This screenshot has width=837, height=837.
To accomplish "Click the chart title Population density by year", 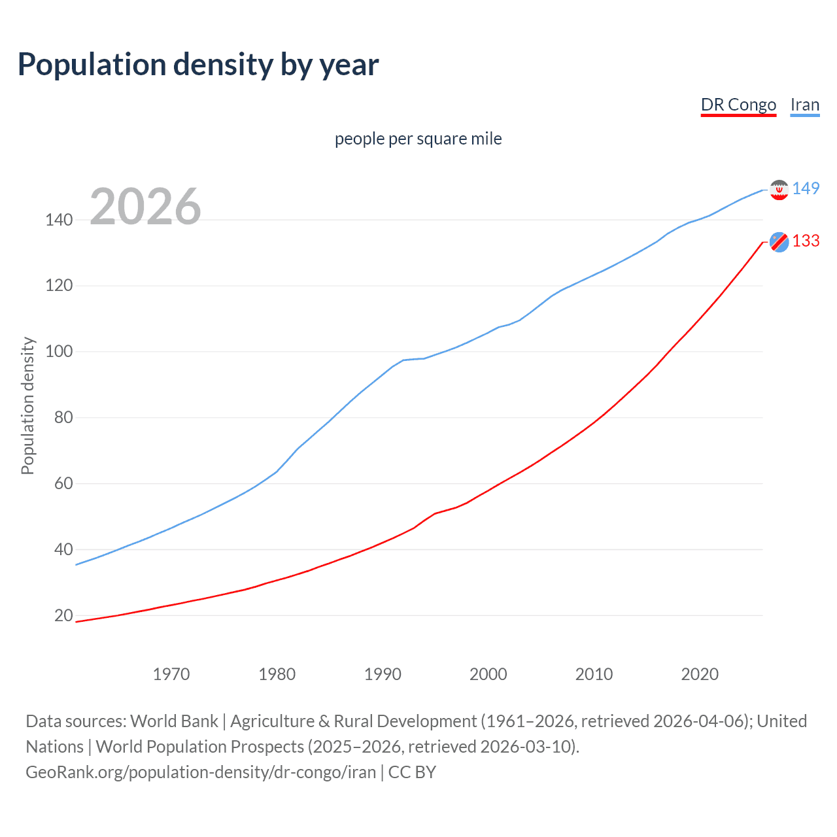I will pyautogui.click(x=198, y=65).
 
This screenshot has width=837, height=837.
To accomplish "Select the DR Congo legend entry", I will pyautogui.click(x=738, y=105).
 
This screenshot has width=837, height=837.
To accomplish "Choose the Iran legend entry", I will pyautogui.click(x=804, y=105).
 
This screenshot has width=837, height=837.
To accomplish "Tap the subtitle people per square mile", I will pyautogui.click(x=418, y=139).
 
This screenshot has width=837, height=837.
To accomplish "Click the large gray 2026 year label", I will pyautogui.click(x=145, y=207).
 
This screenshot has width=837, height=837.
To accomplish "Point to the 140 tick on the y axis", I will pyautogui.click(x=59, y=220).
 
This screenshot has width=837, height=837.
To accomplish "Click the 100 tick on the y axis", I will pyautogui.click(x=59, y=352).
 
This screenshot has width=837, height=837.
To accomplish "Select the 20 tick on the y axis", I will pyautogui.click(x=63, y=615).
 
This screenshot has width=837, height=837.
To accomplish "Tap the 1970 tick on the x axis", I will pyautogui.click(x=171, y=674).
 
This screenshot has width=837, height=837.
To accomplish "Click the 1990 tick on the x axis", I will pyautogui.click(x=383, y=674).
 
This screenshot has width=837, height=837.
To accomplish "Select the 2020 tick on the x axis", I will pyautogui.click(x=700, y=674).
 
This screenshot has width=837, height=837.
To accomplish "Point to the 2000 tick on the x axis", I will pyautogui.click(x=488, y=674).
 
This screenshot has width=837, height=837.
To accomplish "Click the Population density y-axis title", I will pyautogui.click(x=27, y=405).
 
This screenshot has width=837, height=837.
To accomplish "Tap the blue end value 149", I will pyautogui.click(x=806, y=188).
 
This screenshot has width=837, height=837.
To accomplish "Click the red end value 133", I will pyautogui.click(x=806, y=241).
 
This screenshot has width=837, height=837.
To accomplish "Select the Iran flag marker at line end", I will pyautogui.click(x=779, y=190).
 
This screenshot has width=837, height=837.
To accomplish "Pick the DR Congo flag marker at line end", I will pyautogui.click(x=779, y=242).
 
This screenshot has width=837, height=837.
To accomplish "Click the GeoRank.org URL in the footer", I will pyautogui.click(x=201, y=772).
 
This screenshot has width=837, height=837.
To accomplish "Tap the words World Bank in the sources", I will pyautogui.click(x=174, y=721).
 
